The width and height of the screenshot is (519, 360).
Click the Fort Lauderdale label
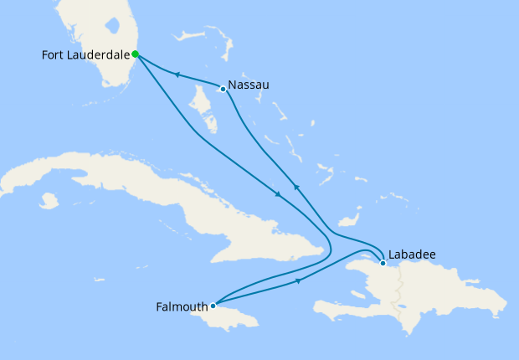(x=85, y=55)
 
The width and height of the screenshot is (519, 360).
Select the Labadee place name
(x=412, y=255)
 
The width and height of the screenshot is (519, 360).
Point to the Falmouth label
(x=182, y=306)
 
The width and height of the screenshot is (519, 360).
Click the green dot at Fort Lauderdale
(x=135, y=54)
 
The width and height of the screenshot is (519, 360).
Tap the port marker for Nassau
(x=223, y=88)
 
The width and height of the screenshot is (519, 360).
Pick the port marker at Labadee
(x=383, y=264)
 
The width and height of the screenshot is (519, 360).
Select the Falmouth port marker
(x=213, y=306)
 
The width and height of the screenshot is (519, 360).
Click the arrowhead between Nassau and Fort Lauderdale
(x=177, y=75)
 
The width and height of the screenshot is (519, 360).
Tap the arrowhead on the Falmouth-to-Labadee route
(x=299, y=281)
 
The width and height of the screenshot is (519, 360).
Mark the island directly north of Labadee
(x=350, y=219)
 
